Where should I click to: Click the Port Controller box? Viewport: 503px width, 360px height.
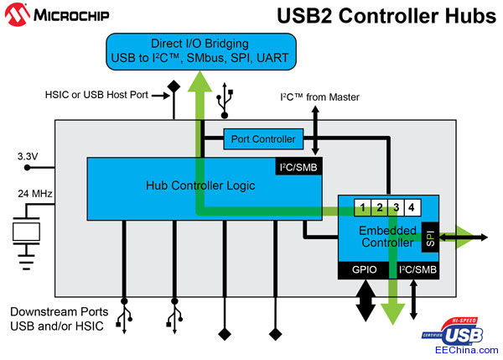click(262, 138)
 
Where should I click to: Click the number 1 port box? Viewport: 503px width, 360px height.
click(360, 207)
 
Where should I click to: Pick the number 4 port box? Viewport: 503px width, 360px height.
click(411, 207)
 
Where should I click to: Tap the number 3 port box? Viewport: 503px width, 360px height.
click(394, 207)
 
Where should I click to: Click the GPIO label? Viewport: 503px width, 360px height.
click(362, 269)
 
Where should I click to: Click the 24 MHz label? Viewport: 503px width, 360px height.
click(34, 195)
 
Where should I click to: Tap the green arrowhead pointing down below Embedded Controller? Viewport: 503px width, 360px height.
click(391, 312)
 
